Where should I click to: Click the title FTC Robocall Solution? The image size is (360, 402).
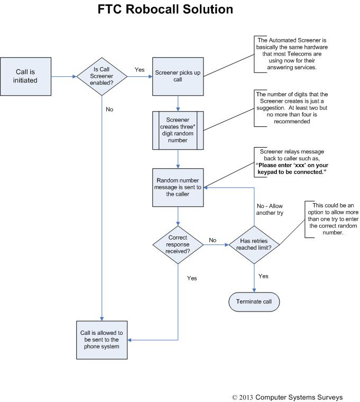pyautogui.click(x=165, y=10)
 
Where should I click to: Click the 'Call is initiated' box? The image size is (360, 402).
pyautogui.click(x=25, y=77)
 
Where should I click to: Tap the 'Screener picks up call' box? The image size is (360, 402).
pyautogui.click(x=178, y=77)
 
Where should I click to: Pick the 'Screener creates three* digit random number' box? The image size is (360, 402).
pyautogui.click(x=178, y=130)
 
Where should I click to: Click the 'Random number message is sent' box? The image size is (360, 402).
pyautogui.click(x=178, y=187)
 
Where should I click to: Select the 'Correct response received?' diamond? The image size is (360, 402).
pyautogui.click(x=178, y=244)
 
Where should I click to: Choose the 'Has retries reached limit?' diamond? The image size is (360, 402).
pyautogui.click(x=255, y=244)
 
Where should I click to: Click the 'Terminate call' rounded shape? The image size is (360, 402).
pyautogui.click(x=254, y=302)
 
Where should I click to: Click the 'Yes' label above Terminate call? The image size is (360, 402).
pyautogui.click(x=263, y=276)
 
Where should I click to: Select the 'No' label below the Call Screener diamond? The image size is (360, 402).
pyautogui.click(x=109, y=109)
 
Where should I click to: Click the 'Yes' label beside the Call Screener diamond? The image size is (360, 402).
pyautogui.click(x=140, y=69)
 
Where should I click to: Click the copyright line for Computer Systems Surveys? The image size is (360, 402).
pyautogui.click(x=287, y=397)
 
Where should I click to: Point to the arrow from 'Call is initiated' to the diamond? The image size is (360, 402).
pyautogui.click(x=64, y=77)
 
